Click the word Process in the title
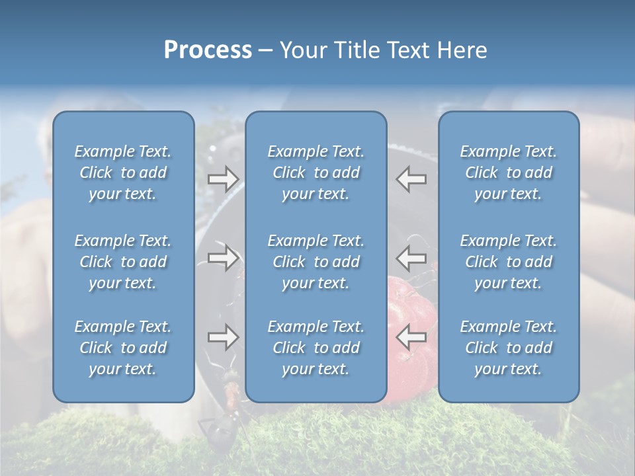(x=208, y=50)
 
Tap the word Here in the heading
(x=461, y=50)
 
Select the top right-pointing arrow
(x=223, y=179)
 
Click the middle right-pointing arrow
(x=223, y=258)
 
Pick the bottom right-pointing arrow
(x=223, y=338)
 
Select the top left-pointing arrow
(x=411, y=179)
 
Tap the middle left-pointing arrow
(x=411, y=258)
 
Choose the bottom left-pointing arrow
(x=411, y=338)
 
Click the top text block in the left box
(x=123, y=173)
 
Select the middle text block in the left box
(x=123, y=262)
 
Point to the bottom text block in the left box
(x=123, y=348)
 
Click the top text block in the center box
(x=316, y=173)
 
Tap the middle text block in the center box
(x=316, y=262)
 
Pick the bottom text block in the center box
(x=316, y=348)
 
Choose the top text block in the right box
(x=508, y=173)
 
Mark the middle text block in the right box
(x=508, y=262)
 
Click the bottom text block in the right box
(x=508, y=348)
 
